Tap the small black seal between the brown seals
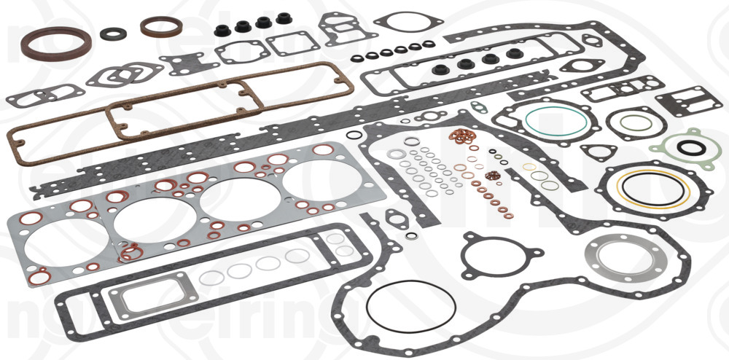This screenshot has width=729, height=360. point(113,34)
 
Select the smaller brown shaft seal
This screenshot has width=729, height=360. point(162,27)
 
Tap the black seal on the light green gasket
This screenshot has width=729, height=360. point(690,148)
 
